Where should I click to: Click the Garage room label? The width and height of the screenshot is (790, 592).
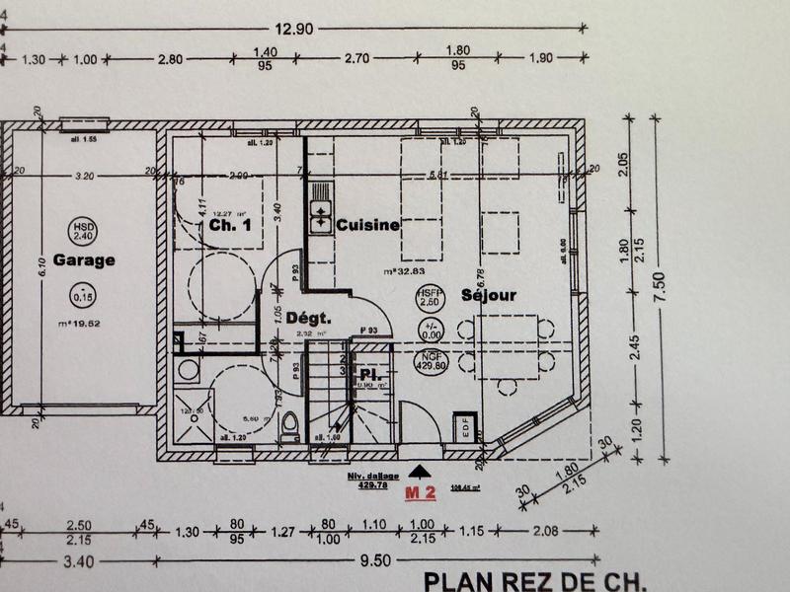click(x=84, y=260)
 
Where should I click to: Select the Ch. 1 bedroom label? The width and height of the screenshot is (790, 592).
click(x=230, y=225)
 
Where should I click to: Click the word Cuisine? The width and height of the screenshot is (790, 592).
click(x=367, y=225)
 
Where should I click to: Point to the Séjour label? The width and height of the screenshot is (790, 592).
click(x=489, y=295)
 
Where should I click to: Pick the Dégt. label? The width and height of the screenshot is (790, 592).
click(x=307, y=318)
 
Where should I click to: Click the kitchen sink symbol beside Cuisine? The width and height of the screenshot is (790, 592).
click(x=320, y=217)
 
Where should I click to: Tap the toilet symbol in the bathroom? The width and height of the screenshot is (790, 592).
click(x=290, y=425)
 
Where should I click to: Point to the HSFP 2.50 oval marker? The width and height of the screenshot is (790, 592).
click(x=430, y=298)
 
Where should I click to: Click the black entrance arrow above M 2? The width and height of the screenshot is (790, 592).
click(x=419, y=473)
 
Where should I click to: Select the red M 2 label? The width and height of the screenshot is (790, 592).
click(x=422, y=491)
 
